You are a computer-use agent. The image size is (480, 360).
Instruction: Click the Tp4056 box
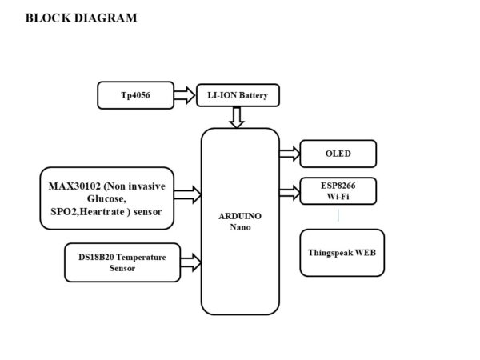point(136,95)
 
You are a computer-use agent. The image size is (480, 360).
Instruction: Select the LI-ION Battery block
point(238,95)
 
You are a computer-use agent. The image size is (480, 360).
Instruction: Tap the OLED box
point(338,154)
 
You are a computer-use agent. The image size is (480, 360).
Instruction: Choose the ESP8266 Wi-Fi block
point(338,191)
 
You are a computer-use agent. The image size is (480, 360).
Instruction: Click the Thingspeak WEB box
point(342,253)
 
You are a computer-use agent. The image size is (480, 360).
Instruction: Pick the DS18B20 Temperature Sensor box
point(122,262)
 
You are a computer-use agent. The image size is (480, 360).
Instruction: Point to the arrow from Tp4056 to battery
point(185,95)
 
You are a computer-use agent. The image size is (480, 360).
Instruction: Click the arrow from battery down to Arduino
point(237,118)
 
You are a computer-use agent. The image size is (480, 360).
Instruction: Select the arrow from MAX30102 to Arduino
point(188,194)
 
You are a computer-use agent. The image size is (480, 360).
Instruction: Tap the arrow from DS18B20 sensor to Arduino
point(190,262)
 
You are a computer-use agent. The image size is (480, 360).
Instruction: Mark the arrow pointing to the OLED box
point(290,154)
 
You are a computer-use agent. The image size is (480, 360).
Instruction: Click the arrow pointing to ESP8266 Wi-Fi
point(290,193)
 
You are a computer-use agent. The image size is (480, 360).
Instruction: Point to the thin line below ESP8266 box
point(338,215)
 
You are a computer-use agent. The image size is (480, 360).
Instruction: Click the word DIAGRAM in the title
point(106,18)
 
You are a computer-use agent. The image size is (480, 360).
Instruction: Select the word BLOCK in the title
point(48,18)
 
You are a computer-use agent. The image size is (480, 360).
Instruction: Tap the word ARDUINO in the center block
point(240,217)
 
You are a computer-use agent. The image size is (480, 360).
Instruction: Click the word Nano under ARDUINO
point(240,227)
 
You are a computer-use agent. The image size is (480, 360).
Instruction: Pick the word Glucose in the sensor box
point(106,199)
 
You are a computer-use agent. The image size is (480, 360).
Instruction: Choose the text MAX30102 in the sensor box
point(74,186)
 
